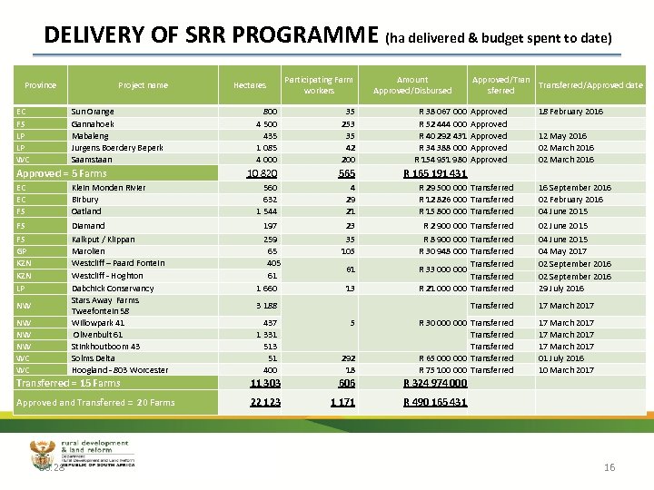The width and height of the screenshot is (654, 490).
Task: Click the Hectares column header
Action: click(250, 85)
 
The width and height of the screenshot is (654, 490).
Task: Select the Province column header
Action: click(40, 85)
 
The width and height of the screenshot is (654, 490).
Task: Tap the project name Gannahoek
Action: click(93, 123)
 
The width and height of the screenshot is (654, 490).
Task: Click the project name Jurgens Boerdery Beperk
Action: click(117, 147)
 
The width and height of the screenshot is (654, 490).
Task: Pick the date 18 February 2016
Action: click(570, 112)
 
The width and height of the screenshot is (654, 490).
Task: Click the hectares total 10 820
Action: click(263, 173)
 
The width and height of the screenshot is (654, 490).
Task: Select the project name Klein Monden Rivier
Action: click(108, 188)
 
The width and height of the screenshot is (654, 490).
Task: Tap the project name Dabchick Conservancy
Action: click(113, 288)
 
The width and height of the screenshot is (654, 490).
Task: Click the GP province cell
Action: click(22, 251)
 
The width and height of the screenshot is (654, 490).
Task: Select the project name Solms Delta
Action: click(94, 358)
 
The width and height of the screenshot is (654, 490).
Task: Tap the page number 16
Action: click(609, 467)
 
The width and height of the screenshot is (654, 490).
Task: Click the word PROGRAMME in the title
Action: click(304, 35)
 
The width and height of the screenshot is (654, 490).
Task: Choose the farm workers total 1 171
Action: click(343, 402)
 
